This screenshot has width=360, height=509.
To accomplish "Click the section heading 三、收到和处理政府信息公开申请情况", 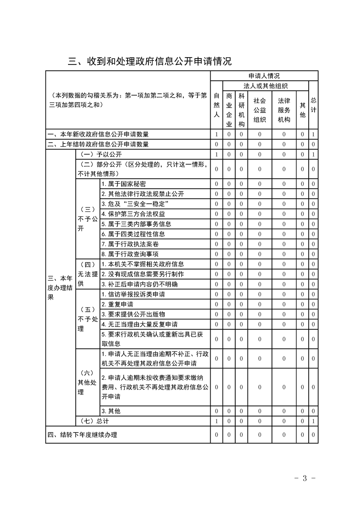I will tap(149, 62).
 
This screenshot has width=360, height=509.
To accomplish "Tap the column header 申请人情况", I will tap(264, 76).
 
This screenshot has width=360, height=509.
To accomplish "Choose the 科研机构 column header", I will tap(241, 109).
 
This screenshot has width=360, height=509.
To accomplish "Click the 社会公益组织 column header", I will tap(260, 109).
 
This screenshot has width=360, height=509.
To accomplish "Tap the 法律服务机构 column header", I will tap(284, 109).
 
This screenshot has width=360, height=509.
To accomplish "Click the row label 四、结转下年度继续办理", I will tap(82, 435).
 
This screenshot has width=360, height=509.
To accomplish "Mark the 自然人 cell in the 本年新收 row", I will tap(217, 134).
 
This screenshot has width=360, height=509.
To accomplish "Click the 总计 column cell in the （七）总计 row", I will tap(313, 421).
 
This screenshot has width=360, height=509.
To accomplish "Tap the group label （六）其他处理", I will tap(87, 382).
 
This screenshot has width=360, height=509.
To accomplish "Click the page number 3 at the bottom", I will tap(305, 478).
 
